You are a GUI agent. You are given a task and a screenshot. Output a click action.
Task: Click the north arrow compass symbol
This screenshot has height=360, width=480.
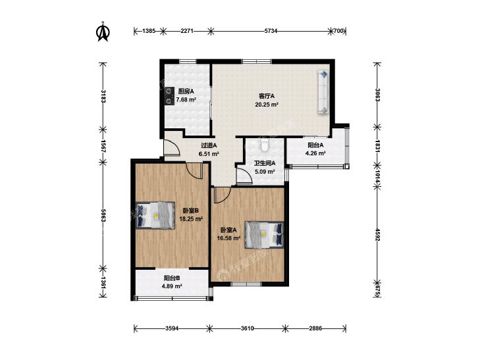point(103,31)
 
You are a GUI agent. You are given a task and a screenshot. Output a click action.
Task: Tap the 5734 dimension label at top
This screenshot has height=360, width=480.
point(271,31)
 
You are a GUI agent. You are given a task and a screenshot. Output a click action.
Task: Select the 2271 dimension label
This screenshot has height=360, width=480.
point(187,31)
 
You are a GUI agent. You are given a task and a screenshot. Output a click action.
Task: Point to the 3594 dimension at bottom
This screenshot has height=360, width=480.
point(172,328)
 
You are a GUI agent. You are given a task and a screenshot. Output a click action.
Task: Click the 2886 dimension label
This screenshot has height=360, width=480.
point(315,328)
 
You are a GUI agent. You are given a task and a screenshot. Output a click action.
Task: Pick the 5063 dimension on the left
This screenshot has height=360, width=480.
point(103,216)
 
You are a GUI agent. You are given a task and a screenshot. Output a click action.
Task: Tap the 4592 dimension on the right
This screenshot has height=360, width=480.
point(377,235)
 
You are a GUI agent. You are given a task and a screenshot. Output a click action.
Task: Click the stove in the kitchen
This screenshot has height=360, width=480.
point(169,96)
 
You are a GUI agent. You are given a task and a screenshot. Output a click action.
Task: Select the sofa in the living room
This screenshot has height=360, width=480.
point(323,92)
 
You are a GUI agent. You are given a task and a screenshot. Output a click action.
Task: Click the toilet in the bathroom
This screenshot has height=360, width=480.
point(265,145)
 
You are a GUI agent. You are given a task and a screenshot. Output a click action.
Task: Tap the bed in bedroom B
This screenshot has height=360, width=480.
point(155,215)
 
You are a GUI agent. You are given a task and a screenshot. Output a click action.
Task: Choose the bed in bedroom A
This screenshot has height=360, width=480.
point(264,235)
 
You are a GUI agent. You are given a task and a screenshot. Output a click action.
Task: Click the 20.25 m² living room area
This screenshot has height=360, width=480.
point(267,104)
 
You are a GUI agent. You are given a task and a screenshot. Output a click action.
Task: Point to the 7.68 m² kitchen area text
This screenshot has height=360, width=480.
point(186,99)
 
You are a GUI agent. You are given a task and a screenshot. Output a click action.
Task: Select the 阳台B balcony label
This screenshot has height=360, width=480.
point(172,278)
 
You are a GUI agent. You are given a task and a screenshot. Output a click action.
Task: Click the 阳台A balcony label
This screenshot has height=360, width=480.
point(315,145)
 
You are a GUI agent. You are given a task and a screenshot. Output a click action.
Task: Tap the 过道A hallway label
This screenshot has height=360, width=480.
point(209,145)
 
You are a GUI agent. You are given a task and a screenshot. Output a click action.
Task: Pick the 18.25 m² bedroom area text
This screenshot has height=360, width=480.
point(192,219)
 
